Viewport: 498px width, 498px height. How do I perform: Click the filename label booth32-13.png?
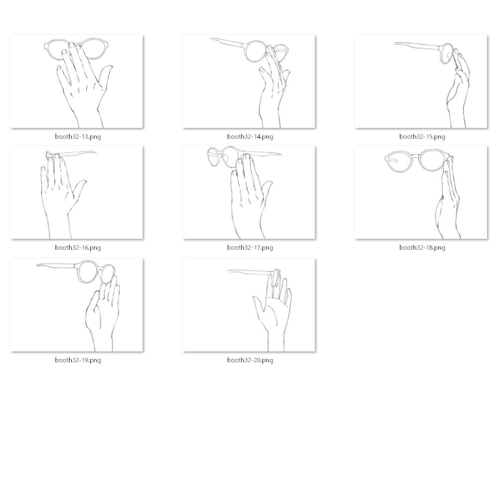coord(78,136)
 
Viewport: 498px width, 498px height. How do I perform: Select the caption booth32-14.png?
coord(250,136)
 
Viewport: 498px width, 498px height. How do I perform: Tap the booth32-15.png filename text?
coord(422,136)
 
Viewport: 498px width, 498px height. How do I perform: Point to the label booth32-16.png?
coord(78,248)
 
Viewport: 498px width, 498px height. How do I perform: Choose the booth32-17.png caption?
coord(250,248)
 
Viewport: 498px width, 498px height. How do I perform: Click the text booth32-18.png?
coord(422,248)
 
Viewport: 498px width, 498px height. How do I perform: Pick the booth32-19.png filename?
coord(78,360)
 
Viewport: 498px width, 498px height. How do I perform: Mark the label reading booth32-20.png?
coord(250,360)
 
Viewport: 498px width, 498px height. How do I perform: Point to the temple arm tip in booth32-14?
coord(211,39)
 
